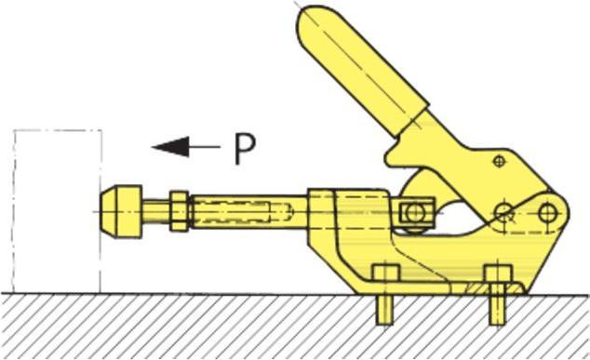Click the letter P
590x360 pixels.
(x=244, y=149)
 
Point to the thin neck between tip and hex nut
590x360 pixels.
(x=154, y=211)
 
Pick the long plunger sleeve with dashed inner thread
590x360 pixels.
(x=248, y=211)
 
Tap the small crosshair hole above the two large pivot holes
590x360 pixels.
(x=501, y=162)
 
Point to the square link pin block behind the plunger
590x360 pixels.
(x=412, y=214)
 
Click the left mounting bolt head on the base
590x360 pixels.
(x=386, y=274)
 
